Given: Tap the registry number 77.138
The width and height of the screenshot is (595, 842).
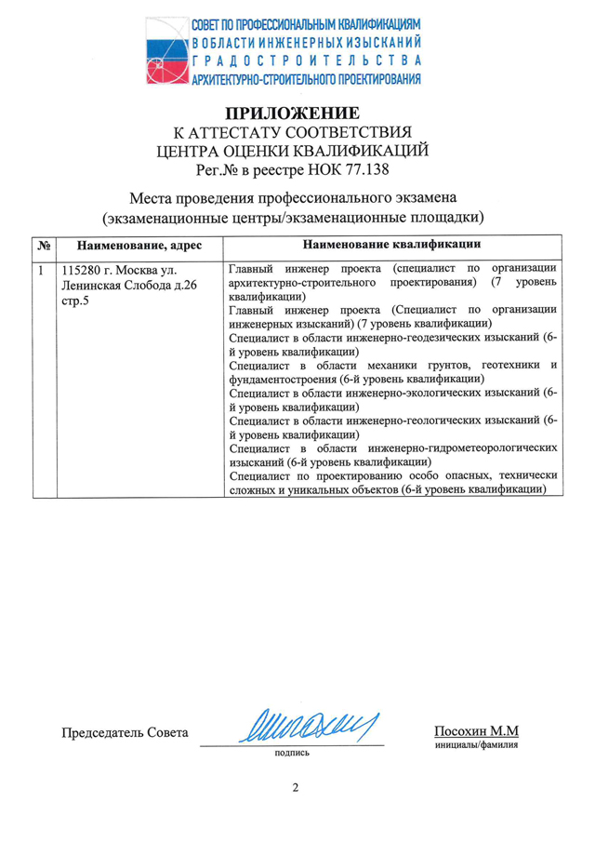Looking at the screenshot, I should coord(367,169).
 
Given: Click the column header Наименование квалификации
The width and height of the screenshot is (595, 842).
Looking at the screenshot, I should coord(392,245).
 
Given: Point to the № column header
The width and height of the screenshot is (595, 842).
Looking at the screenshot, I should coord(44,246).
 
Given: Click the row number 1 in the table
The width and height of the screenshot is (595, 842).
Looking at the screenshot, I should coord(41,271).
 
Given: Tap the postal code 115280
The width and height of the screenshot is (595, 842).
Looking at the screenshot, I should coord(82,271).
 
